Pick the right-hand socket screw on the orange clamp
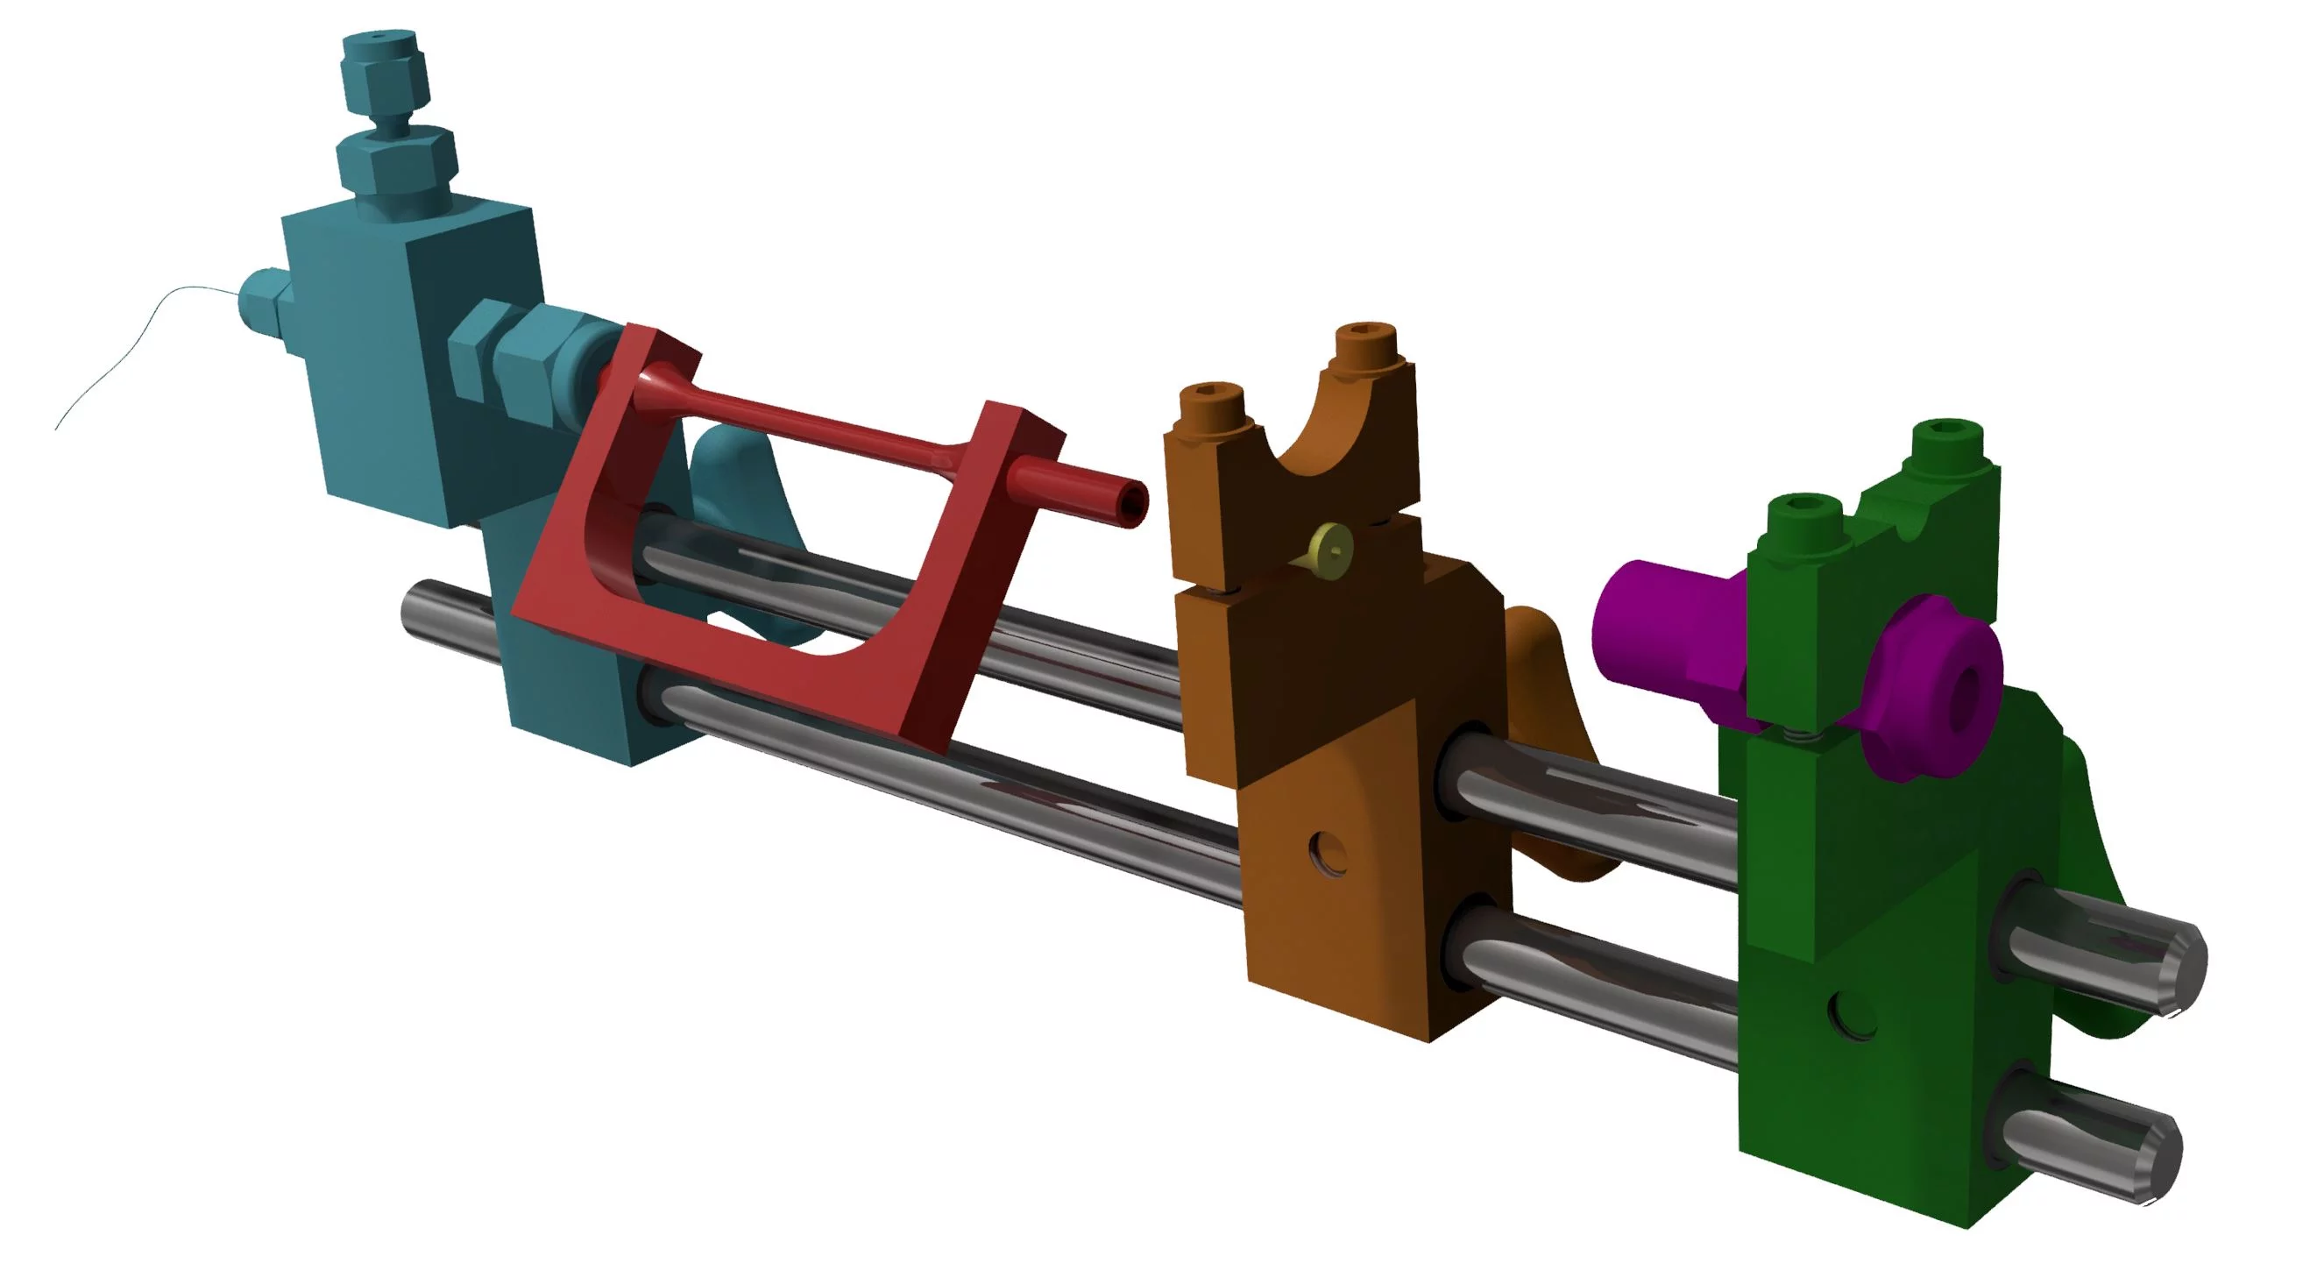tap(1365, 342)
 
